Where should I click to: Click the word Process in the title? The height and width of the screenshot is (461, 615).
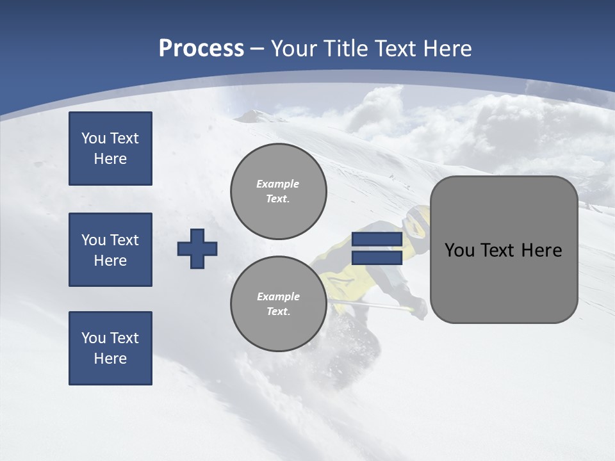[x=201, y=49]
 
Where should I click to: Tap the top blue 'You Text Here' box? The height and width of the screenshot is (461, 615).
[x=110, y=149]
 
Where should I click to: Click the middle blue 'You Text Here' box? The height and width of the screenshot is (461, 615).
[x=110, y=250]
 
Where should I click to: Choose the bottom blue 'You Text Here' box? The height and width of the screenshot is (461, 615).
[x=110, y=348]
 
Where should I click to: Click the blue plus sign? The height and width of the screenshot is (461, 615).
[x=197, y=248]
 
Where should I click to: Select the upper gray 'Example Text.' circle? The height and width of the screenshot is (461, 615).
[x=279, y=191]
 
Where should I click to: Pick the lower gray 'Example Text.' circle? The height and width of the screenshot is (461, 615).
[x=279, y=304]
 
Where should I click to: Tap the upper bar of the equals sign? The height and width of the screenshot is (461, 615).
[x=377, y=239]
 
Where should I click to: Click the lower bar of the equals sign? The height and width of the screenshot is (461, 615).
[x=377, y=257]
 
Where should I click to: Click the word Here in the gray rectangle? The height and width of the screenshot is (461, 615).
[x=541, y=250]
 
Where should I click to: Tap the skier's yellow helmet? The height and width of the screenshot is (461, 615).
[x=416, y=221]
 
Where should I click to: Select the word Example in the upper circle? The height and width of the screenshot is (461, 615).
[x=278, y=184]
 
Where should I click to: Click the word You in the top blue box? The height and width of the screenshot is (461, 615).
[x=92, y=138]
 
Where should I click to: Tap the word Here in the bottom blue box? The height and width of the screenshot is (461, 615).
[x=110, y=359]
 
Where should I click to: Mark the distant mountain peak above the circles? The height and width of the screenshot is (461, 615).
[x=254, y=115]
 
